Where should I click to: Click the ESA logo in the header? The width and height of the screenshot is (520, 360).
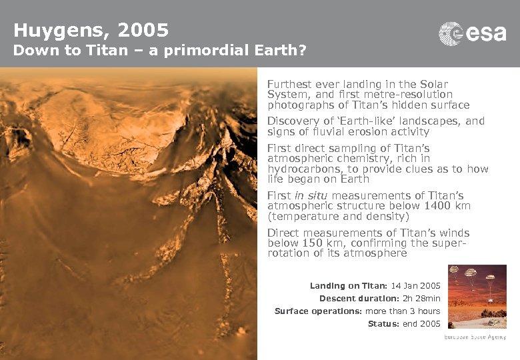472,33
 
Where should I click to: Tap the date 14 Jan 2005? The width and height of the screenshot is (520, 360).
416,286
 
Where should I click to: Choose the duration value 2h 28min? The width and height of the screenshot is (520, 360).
422,299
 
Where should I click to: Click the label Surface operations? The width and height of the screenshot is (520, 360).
318,311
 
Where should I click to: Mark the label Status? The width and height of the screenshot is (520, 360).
382,324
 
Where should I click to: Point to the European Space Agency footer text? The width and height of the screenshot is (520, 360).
475,337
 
